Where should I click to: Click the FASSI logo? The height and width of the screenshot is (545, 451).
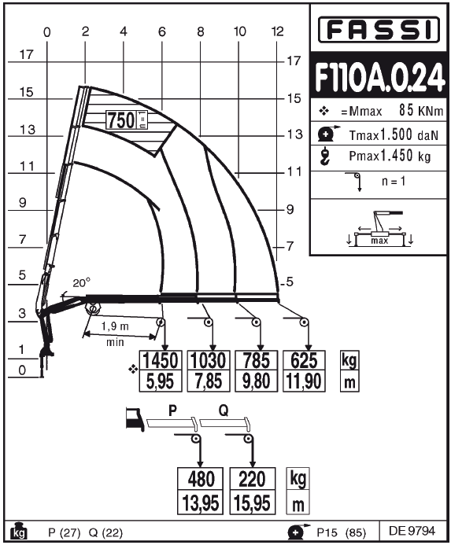coord(379,30)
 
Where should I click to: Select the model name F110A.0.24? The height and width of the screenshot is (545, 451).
coord(379,77)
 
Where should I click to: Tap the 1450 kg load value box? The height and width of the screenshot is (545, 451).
coord(161,360)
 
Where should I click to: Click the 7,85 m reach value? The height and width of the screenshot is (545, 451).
coord(209,381)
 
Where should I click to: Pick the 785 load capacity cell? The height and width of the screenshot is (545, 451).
coord(256,360)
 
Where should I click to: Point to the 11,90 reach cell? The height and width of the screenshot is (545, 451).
coord(304,381)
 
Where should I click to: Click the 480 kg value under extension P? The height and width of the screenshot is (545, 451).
coord(201,479)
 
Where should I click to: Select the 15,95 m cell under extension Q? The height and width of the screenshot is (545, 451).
coord(253,503)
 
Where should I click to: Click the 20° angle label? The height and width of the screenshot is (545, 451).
coord(81,283)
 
